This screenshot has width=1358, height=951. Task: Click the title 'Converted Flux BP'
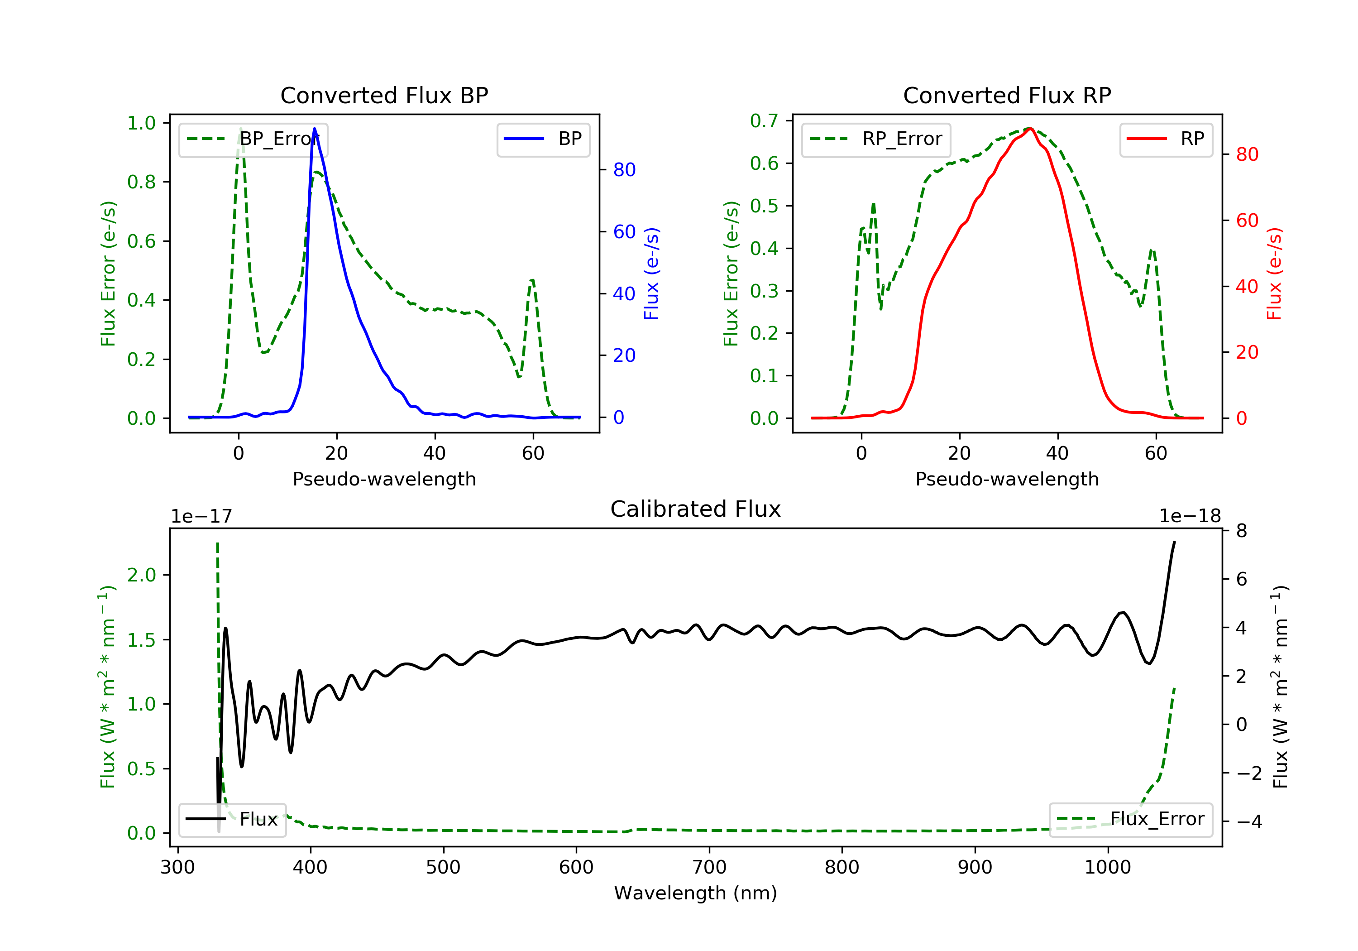tap(384, 95)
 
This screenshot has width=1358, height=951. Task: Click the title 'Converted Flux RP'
tap(1007, 95)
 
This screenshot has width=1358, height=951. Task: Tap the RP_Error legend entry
tap(876, 139)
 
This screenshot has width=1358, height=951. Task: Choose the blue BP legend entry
tap(543, 139)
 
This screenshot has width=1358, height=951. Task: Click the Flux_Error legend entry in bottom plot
tap(1130, 819)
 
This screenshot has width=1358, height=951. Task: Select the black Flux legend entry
tap(233, 819)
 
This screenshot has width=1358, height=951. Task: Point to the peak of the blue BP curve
tap(314, 129)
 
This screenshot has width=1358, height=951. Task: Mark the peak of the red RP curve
tap(1030, 129)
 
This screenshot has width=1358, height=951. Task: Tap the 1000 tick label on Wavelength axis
tap(1107, 868)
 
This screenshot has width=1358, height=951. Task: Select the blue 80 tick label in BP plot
tap(624, 170)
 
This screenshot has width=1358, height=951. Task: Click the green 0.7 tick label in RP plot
tap(764, 121)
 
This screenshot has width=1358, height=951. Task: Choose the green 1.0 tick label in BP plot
tap(141, 123)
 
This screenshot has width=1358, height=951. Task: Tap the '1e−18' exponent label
tap(1190, 517)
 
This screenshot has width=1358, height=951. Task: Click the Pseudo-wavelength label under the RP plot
tap(1007, 479)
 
